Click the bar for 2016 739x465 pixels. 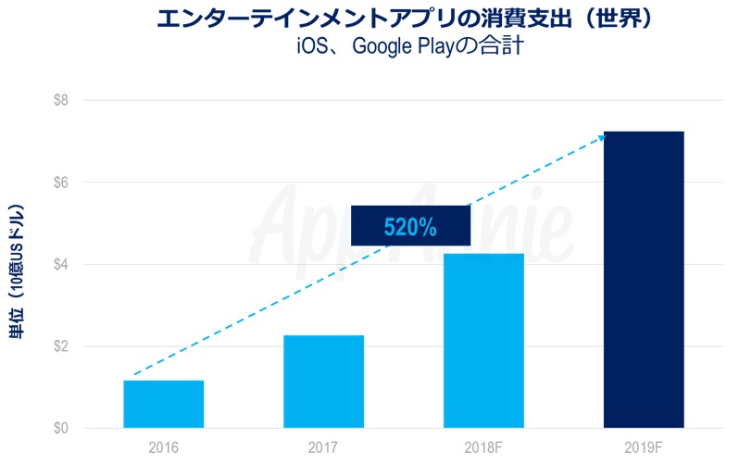pyautogui.click(x=163, y=404)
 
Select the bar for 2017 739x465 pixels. pyautogui.click(x=323, y=381)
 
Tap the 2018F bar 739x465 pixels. pyautogui.click(x=483, y=340)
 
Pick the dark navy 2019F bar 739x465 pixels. pyautogui.click(x=644, y=280)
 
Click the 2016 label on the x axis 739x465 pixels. pyautogui.click(x=163, y=447)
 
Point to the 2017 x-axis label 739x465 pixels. pyautogui.click(x=323, y=447)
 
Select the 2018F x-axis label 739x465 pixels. pyautogui.click(x=483, y=447)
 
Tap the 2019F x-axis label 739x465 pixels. pyautogui.click(x=644, y=447)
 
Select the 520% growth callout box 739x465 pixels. pyautogui.click(x=410, y=225)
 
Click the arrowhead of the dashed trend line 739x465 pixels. pyautogui.click(x=601, y=138)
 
